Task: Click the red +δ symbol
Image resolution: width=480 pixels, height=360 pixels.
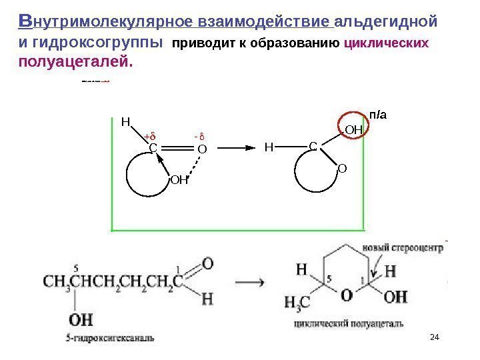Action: [x=149, y=137]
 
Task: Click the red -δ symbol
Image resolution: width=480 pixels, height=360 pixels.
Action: [x=198, y=137]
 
